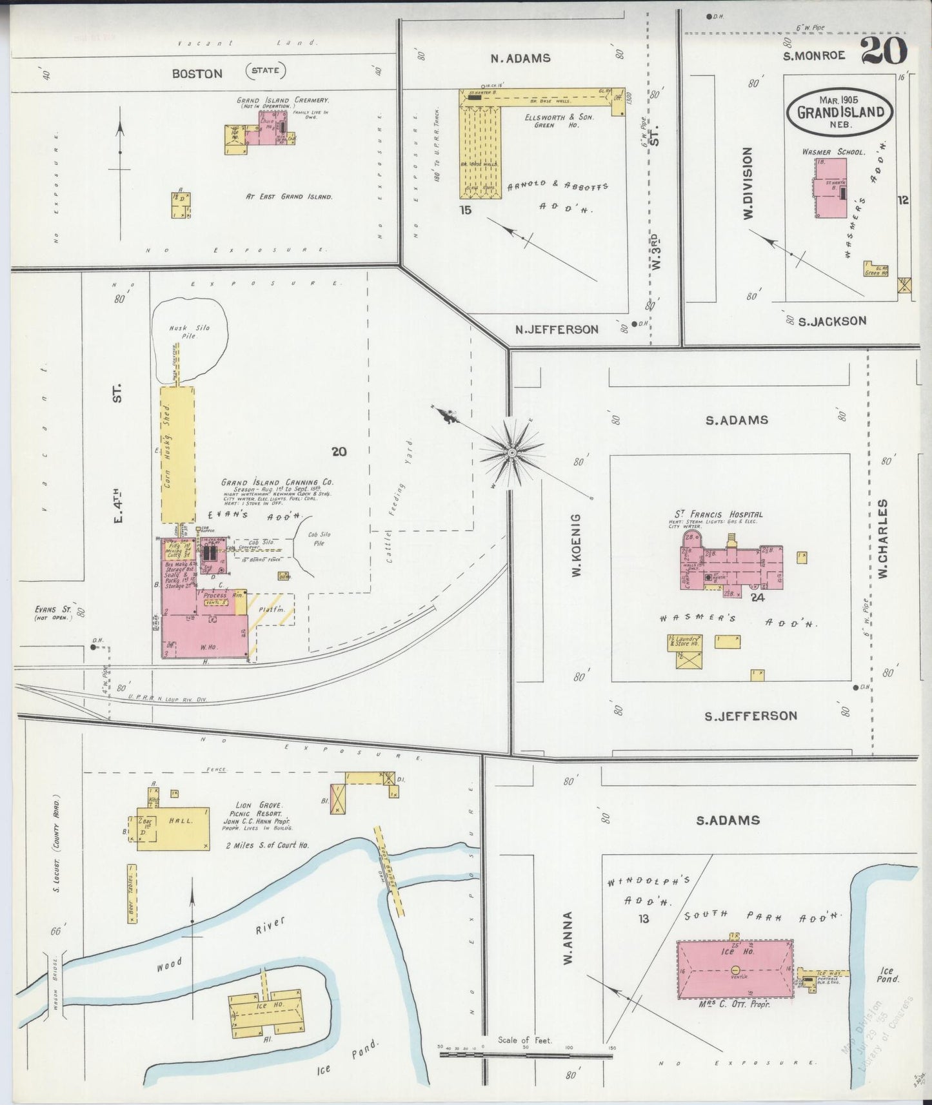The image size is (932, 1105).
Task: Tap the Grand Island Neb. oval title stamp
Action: click(x=840, y=111)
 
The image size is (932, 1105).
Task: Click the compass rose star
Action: click(x=511, y=453)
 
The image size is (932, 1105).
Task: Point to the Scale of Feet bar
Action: click(x=526, y=1055)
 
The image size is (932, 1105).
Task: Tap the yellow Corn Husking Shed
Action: click(x=177, y=454)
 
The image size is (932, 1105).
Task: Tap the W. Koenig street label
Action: click(x=576, y=545)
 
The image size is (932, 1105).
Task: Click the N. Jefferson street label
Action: click(x=556, y=329)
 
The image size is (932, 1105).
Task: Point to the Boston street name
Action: click(x=197, y=73)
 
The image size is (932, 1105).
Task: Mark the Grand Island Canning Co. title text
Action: click(x=277, y=482)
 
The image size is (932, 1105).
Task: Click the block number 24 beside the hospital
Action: click(x=757, y=597)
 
